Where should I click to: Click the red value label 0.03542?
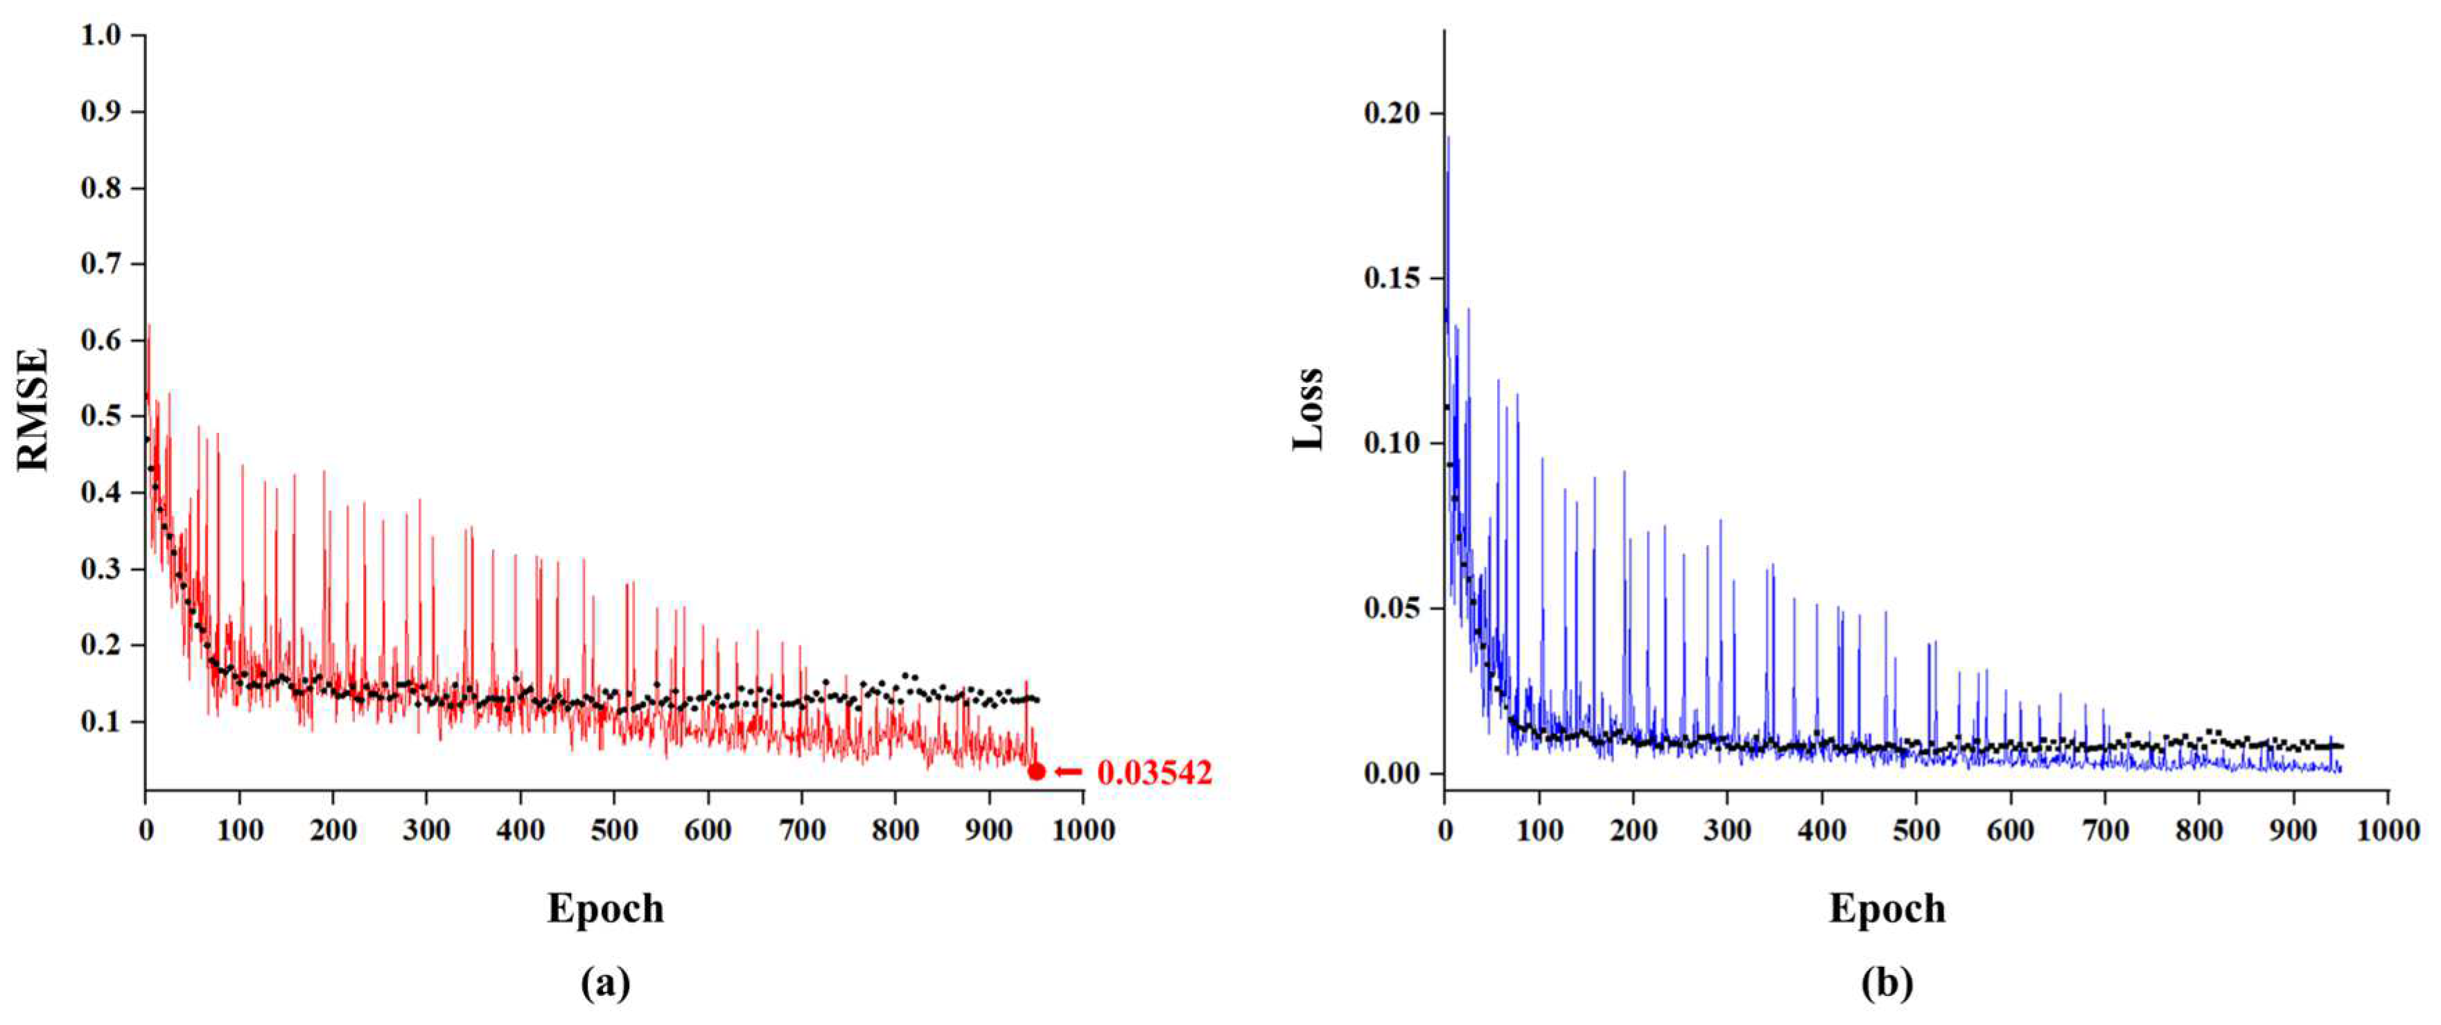pos(1154,773)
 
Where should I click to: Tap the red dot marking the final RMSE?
pos(1037,772)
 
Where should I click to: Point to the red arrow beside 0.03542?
pos(1069,772)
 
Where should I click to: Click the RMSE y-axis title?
pos(34,409)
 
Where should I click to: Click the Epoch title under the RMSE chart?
pos(606,909)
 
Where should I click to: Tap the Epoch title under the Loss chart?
pos(1887,909)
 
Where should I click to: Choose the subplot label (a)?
pos(606,984)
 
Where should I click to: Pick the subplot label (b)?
pos(1887,984)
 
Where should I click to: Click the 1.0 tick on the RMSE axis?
pos(100,36)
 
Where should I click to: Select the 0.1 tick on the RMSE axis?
pos(100,722)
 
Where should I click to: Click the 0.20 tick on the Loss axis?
pos(1392,114)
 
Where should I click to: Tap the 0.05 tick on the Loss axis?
pos(1392,608)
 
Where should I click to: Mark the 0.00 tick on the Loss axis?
pos(1392,773)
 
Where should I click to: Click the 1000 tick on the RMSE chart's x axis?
pos(1083,831)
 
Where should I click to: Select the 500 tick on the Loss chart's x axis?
pos(1916,831)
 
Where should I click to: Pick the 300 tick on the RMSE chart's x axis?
pos(426,831)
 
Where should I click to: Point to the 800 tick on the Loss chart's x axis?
pos(2198,831)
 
